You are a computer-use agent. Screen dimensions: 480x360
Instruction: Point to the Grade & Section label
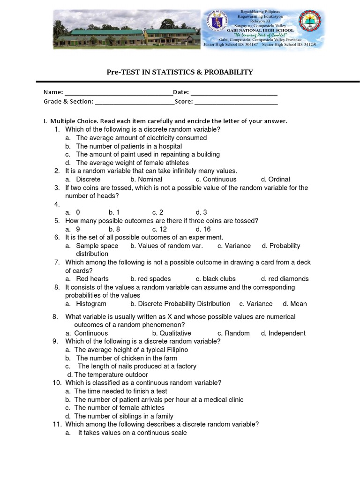pos(68,101)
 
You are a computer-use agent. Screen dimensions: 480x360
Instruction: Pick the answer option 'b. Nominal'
pos(146,179)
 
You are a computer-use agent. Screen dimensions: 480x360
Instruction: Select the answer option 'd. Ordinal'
pos(275,179)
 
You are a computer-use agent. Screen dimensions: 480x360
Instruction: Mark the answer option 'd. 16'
pos(203,229)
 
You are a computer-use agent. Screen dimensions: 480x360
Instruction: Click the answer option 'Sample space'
pos(97,246)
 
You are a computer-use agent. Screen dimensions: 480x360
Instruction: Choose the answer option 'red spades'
pos(150,278)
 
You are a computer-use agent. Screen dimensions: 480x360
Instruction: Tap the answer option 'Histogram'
pos(91,304)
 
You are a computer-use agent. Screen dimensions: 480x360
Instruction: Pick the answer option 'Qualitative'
pos(171,333)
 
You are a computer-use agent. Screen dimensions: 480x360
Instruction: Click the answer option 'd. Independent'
pos(283,333)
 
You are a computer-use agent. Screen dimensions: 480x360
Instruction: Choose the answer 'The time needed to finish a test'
pos(120,391)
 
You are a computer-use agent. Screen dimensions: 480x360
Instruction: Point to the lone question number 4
pos(57,204)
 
